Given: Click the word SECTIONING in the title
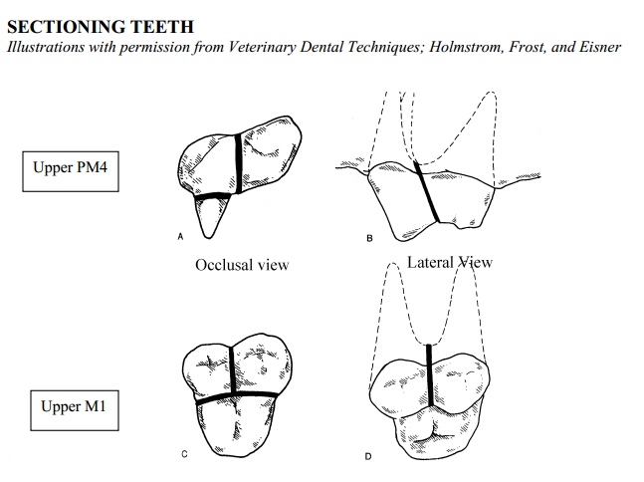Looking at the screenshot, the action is click(x=66, y=27).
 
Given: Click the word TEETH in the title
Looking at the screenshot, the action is click(x=162, y=27).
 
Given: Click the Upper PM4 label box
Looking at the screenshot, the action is click(x=71, y=171).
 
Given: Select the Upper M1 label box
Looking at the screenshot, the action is click(x=75, y=410).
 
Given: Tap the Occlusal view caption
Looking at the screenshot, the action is click(x=242, y=265).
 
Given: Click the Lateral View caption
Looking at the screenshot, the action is click(x=450, y=262).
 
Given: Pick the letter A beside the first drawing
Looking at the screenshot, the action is click(x=180, y=236).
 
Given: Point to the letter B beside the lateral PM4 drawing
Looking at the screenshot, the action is click(x=369, y=238).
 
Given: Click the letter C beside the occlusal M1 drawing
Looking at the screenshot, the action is click(x=184, y=454).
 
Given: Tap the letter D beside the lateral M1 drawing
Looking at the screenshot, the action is click(x=368, y=456).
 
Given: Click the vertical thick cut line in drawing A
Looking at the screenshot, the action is click(x=238, y=163).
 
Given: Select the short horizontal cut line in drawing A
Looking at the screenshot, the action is click(x=212, y=195).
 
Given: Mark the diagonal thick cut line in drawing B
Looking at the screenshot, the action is click(x=427, y=192).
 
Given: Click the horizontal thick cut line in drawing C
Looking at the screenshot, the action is click(x=237, y=397).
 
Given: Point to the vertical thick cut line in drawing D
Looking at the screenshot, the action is click(x=430, y=375).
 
